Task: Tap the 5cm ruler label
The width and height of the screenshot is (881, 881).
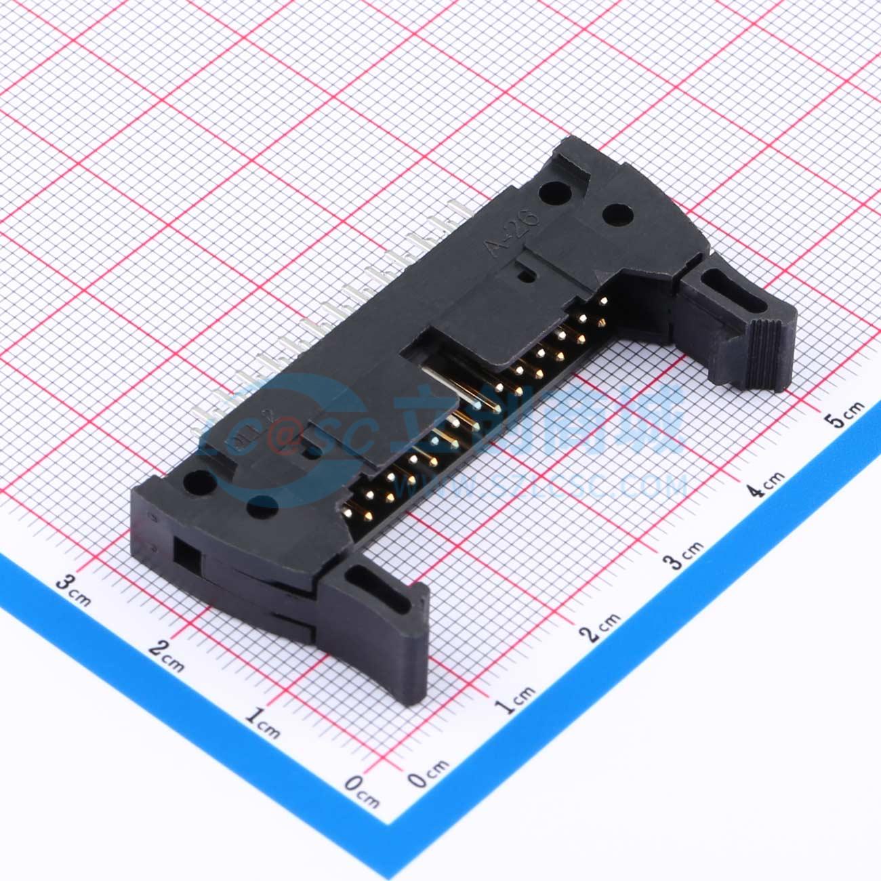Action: (847, 413)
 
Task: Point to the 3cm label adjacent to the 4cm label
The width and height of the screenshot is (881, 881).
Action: (684, 554)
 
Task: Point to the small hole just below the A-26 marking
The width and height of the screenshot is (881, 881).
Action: (523, 276)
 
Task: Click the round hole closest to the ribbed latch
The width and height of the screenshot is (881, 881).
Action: (616, 216)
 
